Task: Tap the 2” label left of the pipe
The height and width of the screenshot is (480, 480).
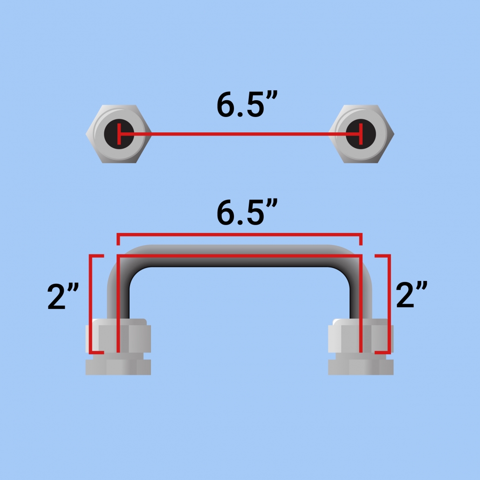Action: click(x=64, y=297)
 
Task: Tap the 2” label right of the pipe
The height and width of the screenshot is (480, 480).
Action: click(x=411, y=295)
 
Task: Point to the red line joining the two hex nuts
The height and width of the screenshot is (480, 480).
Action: click(x=240, y=134)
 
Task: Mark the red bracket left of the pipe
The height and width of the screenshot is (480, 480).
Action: click(x=90, y=303)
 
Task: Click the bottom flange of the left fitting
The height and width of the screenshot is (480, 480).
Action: click(x=118, y=367)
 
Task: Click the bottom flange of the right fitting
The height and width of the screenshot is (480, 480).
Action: click(x=361, y=367)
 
